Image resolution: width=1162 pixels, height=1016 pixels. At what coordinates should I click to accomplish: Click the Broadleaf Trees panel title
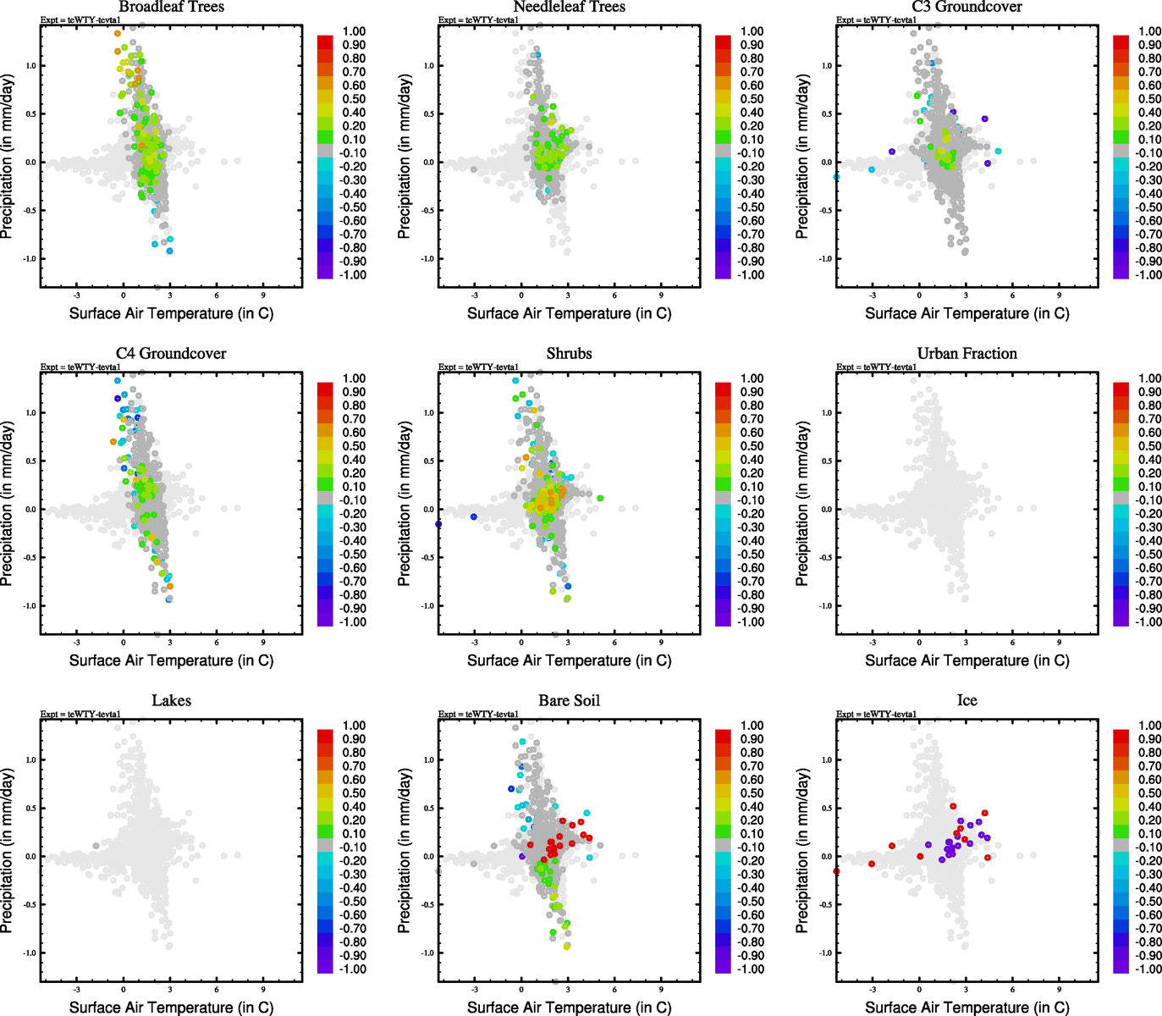tap(171, 8)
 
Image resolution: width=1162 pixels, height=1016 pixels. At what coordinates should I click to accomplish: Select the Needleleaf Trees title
tap(569, 8)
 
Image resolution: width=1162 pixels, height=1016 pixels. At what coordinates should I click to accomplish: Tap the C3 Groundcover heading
tap(966, 8)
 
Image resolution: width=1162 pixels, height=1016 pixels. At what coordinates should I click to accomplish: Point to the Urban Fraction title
tap(966, 354)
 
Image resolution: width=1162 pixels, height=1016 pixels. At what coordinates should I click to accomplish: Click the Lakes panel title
tap(171, 701)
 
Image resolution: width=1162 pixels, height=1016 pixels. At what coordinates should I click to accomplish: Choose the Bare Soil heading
tap(569, 701)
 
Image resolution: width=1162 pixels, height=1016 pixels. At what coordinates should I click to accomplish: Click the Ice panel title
tap(966, 701)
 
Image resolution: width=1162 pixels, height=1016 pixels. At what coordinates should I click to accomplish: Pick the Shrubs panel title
tap(569, 354)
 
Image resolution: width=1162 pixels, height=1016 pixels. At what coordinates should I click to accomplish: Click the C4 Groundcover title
tap(171, 354)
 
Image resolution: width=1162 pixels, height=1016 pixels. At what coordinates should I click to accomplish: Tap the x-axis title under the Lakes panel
tap(171, 1008)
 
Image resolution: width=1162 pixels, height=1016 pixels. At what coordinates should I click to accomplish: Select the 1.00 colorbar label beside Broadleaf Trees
tap(354, 31)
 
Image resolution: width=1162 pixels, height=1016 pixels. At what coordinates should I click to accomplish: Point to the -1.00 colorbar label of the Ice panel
tap(1148, 969)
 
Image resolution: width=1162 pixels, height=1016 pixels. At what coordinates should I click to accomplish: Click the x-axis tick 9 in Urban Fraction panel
tap(1059, 643)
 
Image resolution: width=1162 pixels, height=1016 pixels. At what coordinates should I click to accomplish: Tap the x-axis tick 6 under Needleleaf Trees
tap(614, 295)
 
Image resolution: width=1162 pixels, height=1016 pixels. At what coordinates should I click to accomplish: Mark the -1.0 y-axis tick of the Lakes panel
tap(30, 952)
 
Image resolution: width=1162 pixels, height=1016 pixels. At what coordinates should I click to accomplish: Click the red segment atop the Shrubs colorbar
tap(724, 389)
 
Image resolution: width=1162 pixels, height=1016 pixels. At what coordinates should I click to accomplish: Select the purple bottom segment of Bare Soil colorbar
tap(724, 967)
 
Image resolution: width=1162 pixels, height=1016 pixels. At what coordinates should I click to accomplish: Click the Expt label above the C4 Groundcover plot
tap(80, 367)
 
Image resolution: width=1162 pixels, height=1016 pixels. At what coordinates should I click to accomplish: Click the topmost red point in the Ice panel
tap(953, 807)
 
